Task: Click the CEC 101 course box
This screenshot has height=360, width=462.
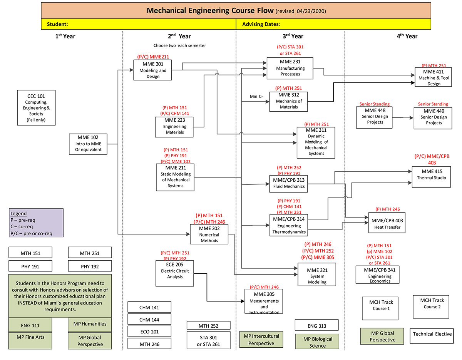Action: click(x=36, y=107)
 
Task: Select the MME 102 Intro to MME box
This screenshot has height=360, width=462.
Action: click(x=89, y=144)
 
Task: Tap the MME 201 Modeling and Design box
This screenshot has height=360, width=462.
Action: click(x=152, y=70)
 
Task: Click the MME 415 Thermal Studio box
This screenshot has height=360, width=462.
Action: click(x=431, y=177)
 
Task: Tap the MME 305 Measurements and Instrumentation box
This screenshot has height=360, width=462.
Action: click(x=264, y=301)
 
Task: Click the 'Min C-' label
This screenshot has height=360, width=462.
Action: click(x=256, y=96)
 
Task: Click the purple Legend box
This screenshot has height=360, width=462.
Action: click(x=36, y=223)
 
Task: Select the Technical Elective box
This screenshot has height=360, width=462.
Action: click(x=432, y=334)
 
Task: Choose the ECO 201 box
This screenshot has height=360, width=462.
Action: click(x=149, y=332)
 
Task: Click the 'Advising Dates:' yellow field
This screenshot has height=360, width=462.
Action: click(x=333, y=24)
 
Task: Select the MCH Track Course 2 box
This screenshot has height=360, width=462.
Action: click(x=432, y=306)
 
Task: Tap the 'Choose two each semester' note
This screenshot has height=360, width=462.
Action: click(x=179, y=45)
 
